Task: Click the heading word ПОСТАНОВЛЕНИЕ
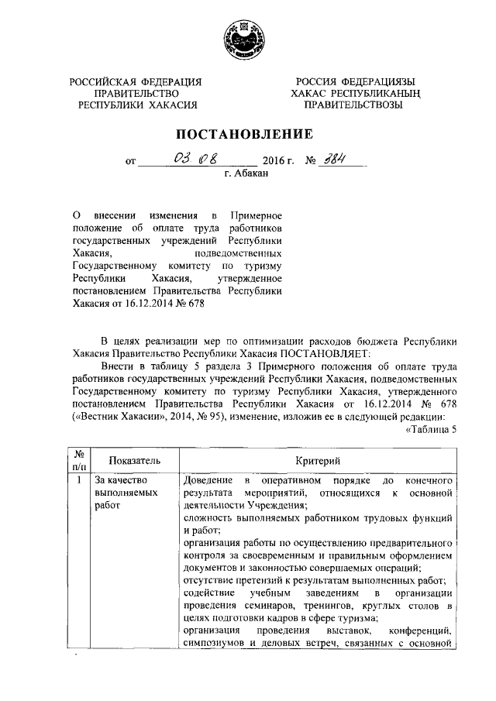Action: click(x=247, y=133)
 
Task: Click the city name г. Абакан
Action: click(x=246, y=177)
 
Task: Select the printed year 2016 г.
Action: click(x=280, y=163)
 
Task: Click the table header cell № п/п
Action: click(x=79, y=461)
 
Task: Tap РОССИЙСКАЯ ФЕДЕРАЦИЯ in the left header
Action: click(x=136, y=81)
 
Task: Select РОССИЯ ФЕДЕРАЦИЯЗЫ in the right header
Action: click(x=353, y=81)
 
